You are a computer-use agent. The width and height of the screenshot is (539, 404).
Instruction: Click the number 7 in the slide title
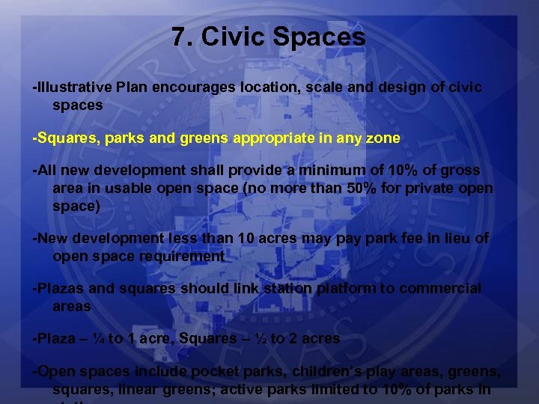click(x=178, y=37)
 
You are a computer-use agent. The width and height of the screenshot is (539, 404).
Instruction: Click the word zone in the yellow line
click(x=385, y=138)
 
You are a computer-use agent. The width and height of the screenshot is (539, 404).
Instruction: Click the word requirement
click(x=176, y=257)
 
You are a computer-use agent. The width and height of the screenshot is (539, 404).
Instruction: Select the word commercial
click(x=440, y=289)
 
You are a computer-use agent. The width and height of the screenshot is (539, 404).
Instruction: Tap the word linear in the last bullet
click(x=130, y=389)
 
